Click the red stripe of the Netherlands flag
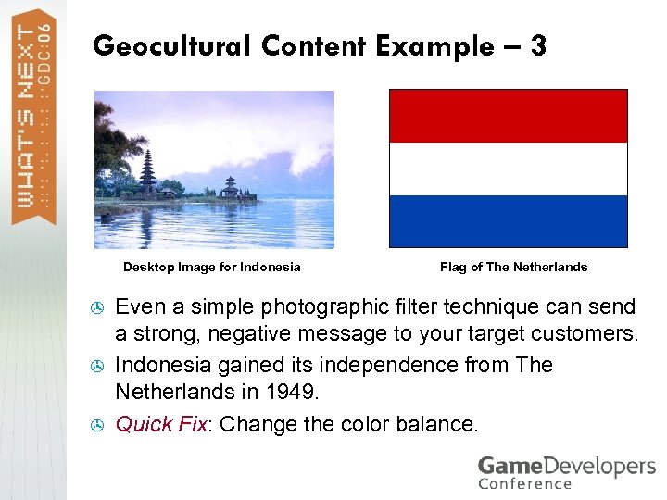(x=508, y=116)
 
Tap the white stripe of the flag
(x=508, y=169)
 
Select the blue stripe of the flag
(x=508, y=220)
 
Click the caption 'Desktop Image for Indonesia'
(x=212, y=268)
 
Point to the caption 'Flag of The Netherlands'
(x=513, y=268)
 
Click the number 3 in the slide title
(x=537, y=45)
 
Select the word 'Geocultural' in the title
(x=172, y=46)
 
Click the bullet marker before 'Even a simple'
(x=98, y=306)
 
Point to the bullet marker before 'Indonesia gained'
(x=98, y=366)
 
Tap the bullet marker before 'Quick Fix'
(x=98, y=425)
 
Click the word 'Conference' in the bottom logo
(x=525, y=483)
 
